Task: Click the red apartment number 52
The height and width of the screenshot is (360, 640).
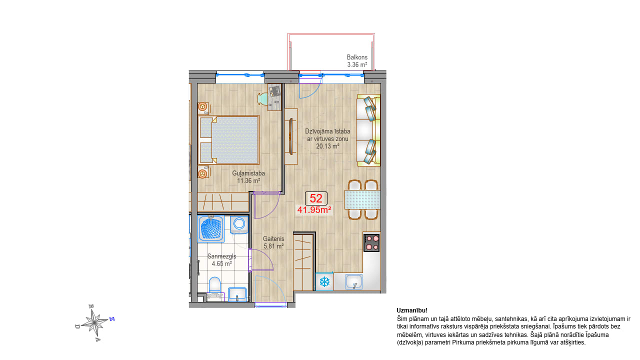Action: pos(316,198)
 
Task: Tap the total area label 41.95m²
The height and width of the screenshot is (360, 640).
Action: pos(314,210)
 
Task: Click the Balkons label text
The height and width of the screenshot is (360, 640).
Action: pos(357,57)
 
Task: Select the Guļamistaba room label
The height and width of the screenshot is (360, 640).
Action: pos(248,173)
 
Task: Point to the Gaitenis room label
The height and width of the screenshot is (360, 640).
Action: pos(273,238)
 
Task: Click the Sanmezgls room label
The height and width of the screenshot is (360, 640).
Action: pos(221,256)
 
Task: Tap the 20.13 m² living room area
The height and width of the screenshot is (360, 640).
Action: pos(327,146)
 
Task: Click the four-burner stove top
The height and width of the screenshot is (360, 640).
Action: pos(371,243)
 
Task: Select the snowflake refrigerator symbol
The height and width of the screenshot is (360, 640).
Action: pos(324,281)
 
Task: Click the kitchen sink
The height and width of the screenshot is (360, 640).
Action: pos(354,281)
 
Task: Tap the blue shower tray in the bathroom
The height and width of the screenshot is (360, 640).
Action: pos(211,229)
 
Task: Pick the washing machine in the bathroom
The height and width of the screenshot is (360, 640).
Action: pos(239,224)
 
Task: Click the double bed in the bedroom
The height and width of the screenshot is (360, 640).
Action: pos(228,140)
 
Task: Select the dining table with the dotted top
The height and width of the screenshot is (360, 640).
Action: pos(362,199)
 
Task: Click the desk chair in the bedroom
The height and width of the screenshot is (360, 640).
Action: pos(262,99)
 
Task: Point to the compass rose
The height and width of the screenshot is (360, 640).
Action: pos(94,322)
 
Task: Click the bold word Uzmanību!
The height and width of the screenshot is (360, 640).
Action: pos(412,310)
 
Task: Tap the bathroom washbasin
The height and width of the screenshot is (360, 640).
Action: pos(237,294)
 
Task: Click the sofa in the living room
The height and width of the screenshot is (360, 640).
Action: pos(368,130)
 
